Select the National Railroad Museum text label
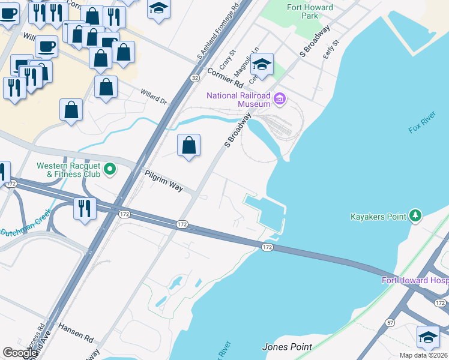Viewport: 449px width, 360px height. tap(238, 100)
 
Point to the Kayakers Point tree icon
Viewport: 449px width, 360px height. tap(415, 216)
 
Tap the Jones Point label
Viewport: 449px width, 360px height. tap(287, 347)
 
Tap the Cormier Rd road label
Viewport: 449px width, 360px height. tap(225, 76)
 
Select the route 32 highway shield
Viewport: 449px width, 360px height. tap(194, 78)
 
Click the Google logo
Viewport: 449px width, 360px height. tap(20, 353)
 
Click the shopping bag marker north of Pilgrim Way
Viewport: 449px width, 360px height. tap(188, 146)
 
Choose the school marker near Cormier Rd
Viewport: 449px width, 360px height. tap(262, 65)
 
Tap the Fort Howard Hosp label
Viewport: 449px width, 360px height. tap(415, 280)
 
